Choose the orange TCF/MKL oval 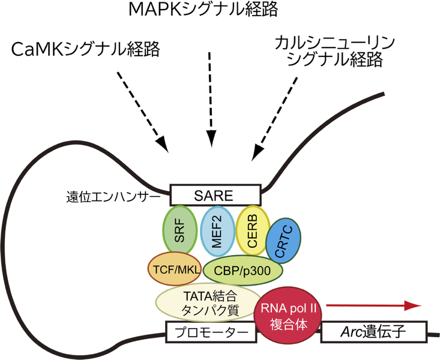[x=173, y=268]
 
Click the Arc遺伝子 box [x=375, y=331]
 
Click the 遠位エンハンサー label [x=115, y=196]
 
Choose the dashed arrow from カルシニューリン [x=277, y=116]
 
